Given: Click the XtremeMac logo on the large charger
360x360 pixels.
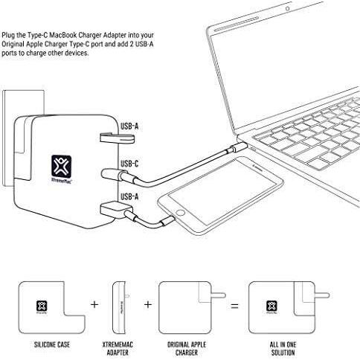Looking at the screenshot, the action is coord(62,169).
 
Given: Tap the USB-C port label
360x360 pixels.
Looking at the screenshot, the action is coord(129,164).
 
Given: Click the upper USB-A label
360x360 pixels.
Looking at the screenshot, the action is coord(129,126).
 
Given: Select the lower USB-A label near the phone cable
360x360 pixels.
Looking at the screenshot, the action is coord(129,196).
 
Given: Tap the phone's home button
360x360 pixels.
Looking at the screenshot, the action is coord(180,213).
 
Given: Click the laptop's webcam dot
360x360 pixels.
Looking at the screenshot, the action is coord(287,9).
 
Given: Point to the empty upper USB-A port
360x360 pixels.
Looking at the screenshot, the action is coord(118,138).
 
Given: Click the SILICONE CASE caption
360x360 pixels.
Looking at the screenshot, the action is coord(52,344).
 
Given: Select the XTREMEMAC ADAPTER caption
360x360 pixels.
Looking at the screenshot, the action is coord(118,348).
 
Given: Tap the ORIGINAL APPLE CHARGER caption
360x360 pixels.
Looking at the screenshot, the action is coord(187,348).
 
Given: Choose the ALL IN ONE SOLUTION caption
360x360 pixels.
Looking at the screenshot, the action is coord(283,348).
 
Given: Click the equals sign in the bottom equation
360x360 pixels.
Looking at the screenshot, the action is coord(234,306).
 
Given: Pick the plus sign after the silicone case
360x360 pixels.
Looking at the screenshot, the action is coord(94,304).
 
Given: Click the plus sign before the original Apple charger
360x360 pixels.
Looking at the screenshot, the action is coord(148,304).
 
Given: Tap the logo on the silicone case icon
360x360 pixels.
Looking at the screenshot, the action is coord(42,307).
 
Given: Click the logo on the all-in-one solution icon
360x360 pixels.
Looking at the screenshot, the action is coord(271,307).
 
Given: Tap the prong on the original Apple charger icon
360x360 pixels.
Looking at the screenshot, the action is coord(219,295).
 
